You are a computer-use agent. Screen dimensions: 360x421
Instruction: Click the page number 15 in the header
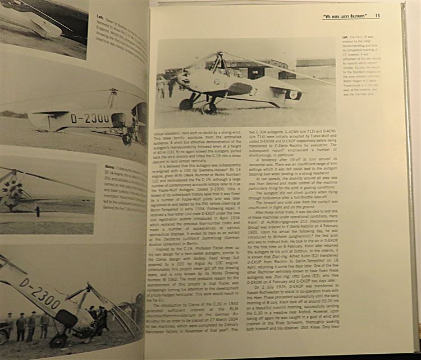377,16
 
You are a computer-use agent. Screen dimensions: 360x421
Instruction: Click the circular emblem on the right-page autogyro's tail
292,94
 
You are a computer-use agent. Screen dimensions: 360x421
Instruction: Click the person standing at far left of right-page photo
162,87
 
